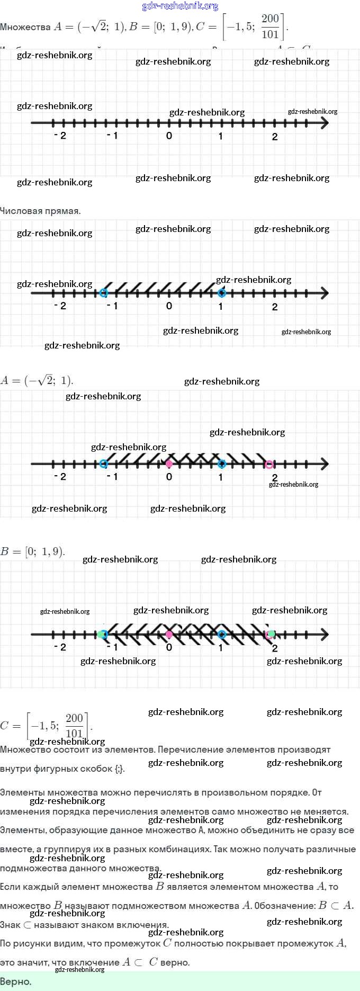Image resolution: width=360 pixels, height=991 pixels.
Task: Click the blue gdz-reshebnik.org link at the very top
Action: point(180,6)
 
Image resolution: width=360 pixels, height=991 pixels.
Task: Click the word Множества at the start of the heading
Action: point(25,27)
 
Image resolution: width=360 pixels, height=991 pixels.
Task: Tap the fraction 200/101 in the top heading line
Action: point(270,26)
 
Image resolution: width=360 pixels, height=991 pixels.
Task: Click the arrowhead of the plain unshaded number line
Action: point(324,123)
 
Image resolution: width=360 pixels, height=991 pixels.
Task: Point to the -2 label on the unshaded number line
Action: point(60,136)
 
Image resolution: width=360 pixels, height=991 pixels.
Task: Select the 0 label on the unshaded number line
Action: point(169,136)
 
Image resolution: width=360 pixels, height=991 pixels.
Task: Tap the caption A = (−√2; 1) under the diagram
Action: point(37,380)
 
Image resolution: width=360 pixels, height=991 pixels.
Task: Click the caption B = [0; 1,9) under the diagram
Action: point(32,551)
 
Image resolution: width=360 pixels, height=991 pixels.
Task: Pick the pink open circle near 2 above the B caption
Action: point(269,465)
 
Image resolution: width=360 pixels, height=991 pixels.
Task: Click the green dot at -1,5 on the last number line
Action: point(101,634)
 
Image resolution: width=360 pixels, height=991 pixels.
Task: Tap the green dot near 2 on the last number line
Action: point(271,633)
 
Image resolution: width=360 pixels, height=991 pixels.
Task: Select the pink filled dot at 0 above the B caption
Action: point(169,464)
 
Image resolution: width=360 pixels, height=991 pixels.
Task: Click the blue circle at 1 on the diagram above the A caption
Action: point(222,293)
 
